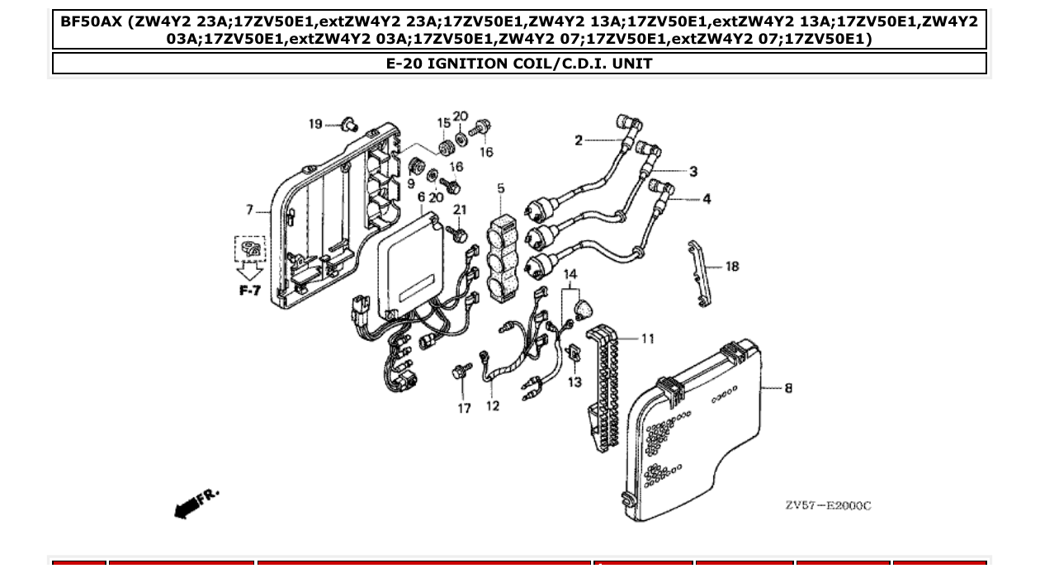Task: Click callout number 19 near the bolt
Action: tap(315, 124)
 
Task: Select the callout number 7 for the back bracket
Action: tap(250, 210)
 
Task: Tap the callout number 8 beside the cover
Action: tap(788, 387)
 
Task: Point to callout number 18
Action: tap(731, 267)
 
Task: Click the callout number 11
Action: tap(647, 339)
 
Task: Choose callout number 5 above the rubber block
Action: tap(501, 189)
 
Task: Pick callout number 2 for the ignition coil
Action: tap(579, 140)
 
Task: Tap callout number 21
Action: tap(460, 211)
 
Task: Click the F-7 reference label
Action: tap(249, 291)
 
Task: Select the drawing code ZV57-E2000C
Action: tap(827, 505)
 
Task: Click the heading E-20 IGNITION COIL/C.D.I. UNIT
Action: tap(519, 64)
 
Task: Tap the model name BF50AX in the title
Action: tap(91, 21)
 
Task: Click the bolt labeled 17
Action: tap(460, 373)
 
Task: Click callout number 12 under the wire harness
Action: tap(493, 406)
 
